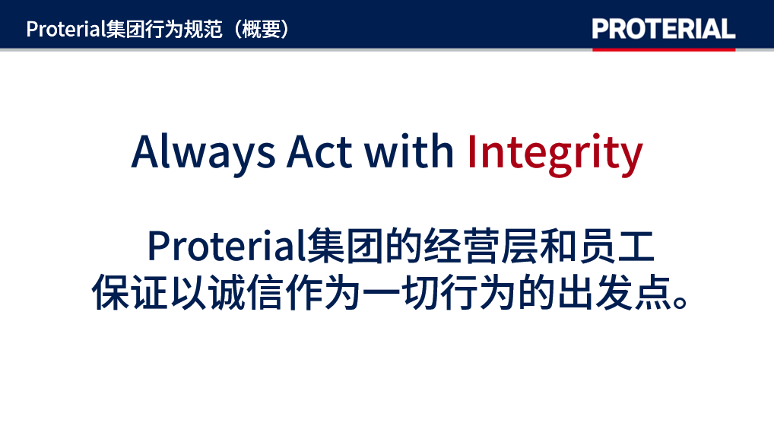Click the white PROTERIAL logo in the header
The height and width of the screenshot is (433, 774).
click(664, 29)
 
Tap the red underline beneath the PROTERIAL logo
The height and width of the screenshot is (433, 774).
click(664, 49)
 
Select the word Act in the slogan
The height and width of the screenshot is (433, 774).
click(319, 151)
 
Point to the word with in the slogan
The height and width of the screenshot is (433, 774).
click(409, 151)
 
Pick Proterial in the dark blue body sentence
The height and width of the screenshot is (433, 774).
click(227, 247)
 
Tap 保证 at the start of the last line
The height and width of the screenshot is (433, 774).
click(130, 293)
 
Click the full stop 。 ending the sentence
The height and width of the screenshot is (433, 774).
click(680, 301)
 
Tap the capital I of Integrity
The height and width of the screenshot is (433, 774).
click(471, 151)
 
